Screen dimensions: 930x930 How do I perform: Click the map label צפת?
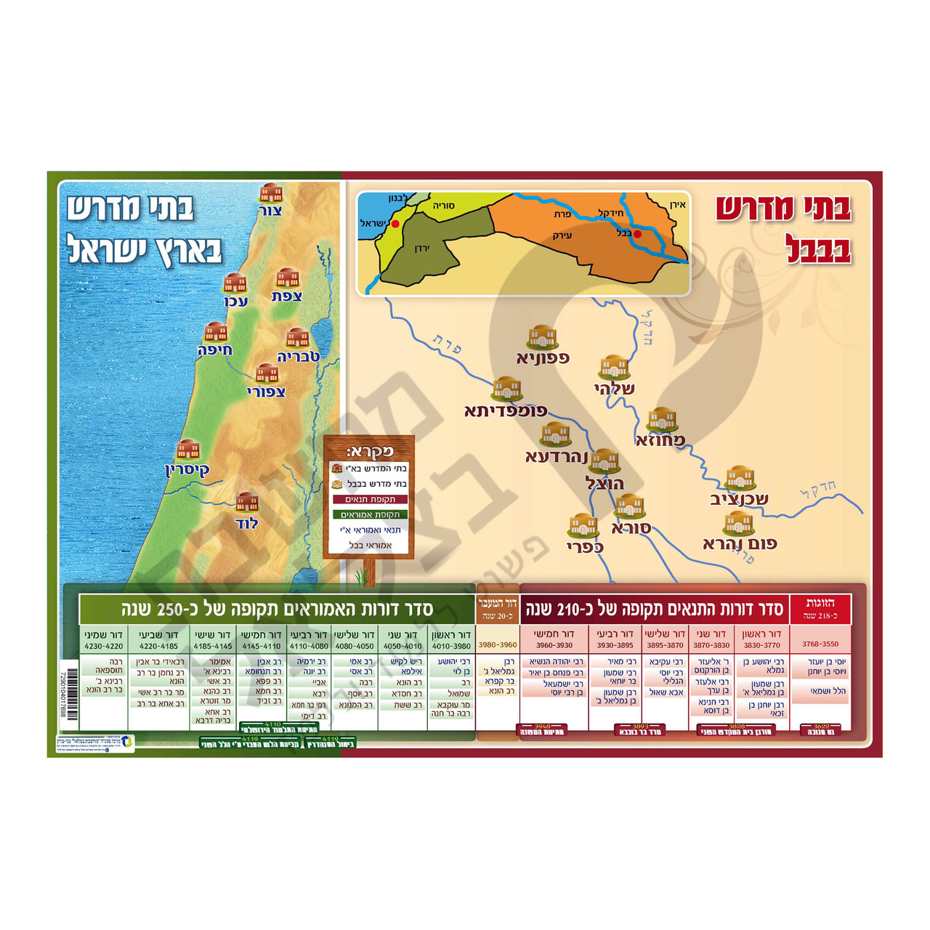[x=287, y=296]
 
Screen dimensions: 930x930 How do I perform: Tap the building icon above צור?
[x=271, y=193]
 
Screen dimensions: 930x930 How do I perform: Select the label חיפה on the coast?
[x=215, y=350]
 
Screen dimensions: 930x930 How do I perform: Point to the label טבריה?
[x=299, y=357]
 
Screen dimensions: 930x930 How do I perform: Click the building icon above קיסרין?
[x=188, y=450]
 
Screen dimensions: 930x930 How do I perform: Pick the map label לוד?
[x=246, y=523]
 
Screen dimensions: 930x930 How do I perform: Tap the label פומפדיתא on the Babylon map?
[x=506, y=411]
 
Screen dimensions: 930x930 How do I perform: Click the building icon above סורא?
[x=629, y=506]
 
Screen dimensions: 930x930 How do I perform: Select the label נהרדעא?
[x=557, y=457]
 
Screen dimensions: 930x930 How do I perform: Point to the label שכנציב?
[x=739, y=499]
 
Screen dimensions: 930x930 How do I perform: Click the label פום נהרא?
[x=740, y=543]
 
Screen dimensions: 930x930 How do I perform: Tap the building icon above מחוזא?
[x=662, y=419]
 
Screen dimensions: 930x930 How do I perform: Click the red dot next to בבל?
[x=637, y=234]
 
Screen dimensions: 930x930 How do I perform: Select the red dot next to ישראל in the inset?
[x=395, y=224]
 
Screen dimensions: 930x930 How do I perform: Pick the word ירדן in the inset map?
[x=422, y=249]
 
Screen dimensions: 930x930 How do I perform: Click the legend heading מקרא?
[x=370, y=451]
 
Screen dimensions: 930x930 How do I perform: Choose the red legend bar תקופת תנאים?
[x=370, y=499]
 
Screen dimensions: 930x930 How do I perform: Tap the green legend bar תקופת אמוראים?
[x=370, y=514]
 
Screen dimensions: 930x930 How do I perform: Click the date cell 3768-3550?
[x=820, y=644]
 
